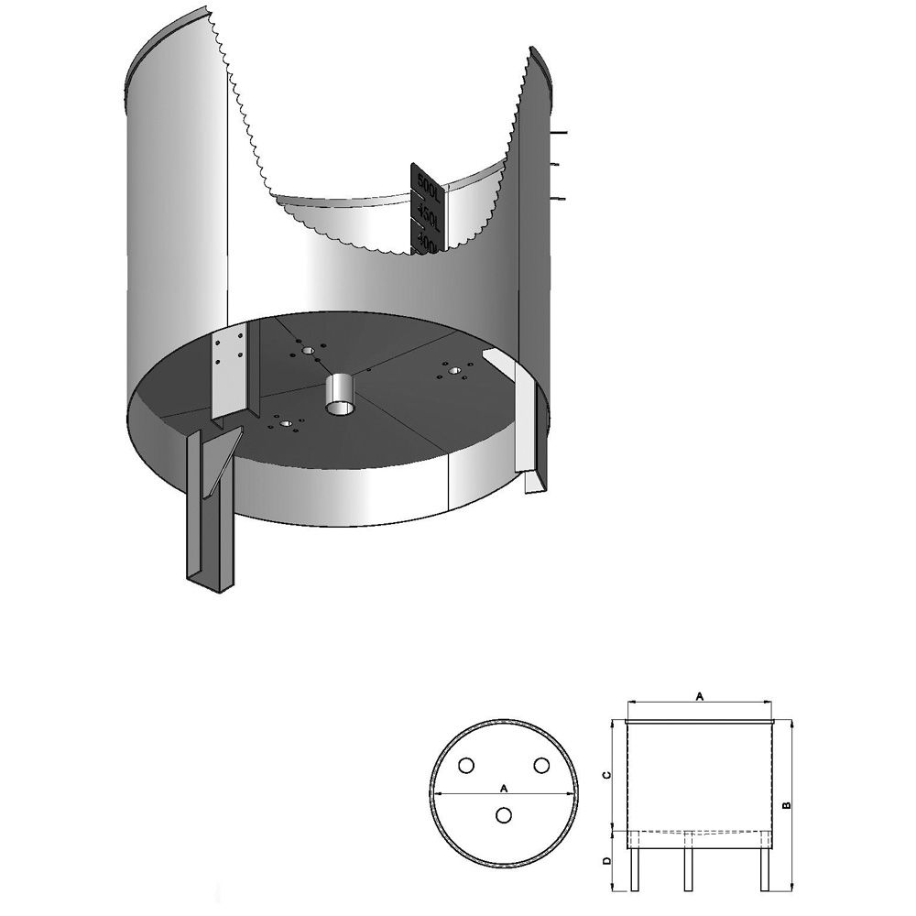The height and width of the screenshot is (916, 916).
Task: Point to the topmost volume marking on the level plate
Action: pos(428,180)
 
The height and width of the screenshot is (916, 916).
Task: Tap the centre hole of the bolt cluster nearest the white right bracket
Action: pos(454,370)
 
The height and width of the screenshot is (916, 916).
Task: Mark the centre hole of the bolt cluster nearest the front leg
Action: pos(287,423)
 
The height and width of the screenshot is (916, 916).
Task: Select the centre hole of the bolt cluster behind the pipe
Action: pos(307,350)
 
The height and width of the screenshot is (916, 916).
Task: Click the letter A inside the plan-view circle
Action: pos(504,787)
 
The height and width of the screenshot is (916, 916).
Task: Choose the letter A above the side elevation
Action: pos(701,697)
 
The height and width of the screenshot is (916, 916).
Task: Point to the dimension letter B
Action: pos(786,805)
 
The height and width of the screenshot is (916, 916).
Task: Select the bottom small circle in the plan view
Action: pos(504,814)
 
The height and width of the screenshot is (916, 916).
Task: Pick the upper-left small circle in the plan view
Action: pos(467,765)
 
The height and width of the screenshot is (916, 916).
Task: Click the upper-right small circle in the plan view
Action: pos(541,765)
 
